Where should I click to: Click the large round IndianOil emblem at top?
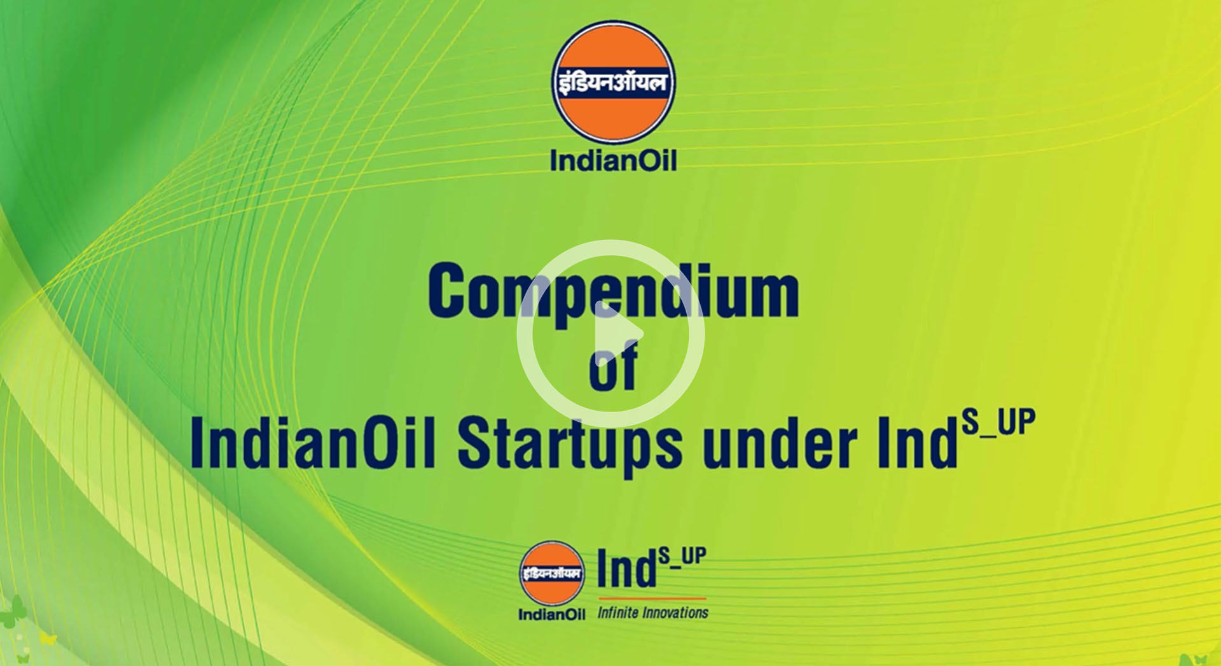click(613, 82)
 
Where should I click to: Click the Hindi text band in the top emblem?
click(613, 83)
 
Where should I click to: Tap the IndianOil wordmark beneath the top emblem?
click(613, 160)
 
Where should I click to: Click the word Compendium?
click(613, 291)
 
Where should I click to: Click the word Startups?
click(570, 445)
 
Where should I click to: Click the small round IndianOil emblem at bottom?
click(551, 574)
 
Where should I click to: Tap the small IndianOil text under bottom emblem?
click(551, 614)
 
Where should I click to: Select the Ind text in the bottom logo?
click(626, 569)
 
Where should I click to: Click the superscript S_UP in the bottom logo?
click(682, 557)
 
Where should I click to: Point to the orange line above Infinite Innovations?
click(652, 599)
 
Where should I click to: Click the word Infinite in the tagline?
click(617, 613)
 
